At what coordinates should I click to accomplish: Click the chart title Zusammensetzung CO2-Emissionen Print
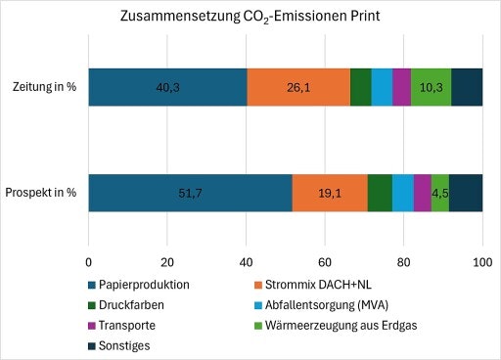click(250, 17)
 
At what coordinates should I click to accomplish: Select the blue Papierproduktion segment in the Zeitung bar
click(167, 87)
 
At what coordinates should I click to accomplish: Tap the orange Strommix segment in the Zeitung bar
click(298, 87)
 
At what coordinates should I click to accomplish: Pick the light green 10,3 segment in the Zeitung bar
click(432, 87)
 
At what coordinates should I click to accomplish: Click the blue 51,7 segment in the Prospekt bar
click(191, 192)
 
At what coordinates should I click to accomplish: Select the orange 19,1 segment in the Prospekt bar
click(330, 192)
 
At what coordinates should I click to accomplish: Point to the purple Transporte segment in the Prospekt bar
click(422, 192)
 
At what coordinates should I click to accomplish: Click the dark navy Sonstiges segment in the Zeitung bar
click(467, 87)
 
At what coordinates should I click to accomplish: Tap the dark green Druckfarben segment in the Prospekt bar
click(380, 192)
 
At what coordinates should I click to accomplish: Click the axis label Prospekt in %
click(43, 192)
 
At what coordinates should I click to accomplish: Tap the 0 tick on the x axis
click(89, 262)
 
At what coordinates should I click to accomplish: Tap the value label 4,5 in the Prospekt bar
click(440, 192)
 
